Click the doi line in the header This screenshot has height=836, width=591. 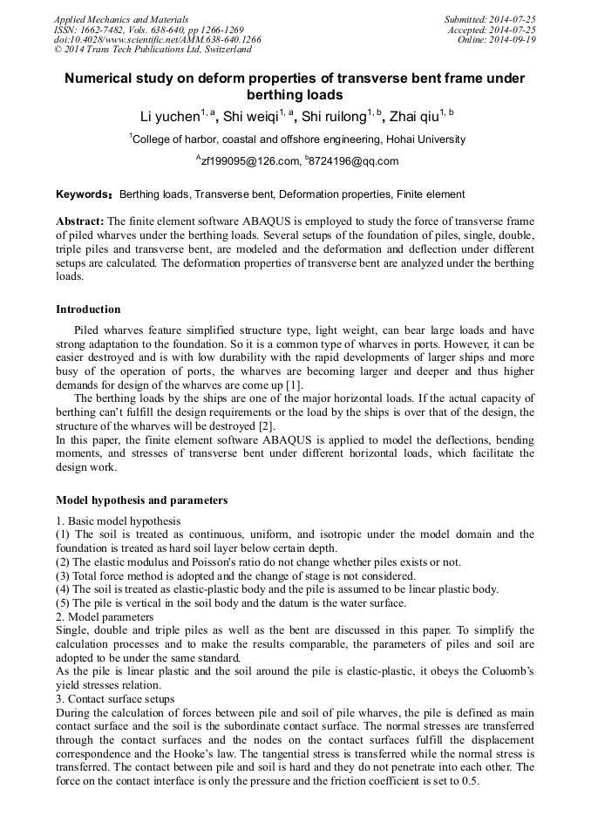[157, 39]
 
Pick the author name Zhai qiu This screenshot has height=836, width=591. [412, 117]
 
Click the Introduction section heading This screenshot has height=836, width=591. [88, 309]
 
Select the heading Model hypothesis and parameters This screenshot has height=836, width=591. [141, 500]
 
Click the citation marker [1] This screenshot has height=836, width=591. [295, 385]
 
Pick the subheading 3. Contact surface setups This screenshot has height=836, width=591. [115, 699]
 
